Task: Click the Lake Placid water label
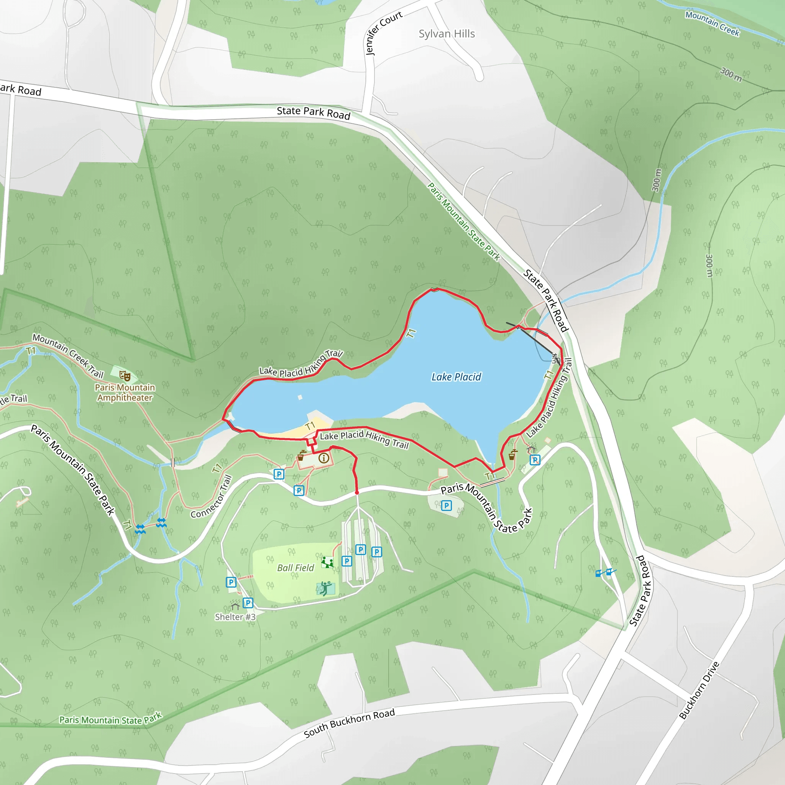click(456, 377)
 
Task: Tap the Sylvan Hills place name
click(447, 34)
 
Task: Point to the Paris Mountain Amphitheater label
click(125, 392)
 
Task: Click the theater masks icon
click(125, 376)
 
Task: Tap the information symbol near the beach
click(324, 458)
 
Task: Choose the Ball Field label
click(296, 568)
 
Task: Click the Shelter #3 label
click(235, 617)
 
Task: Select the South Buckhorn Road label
click(349, 723)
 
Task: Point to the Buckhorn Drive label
click(699, 690)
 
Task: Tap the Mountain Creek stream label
click(712, 23)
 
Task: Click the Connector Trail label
click(211, 497)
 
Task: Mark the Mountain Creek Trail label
click(68, 355)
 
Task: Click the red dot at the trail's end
click(357, 493)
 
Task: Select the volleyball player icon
click(325, 588)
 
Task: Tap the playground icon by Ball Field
click(327, 562)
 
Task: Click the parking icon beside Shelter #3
click(248, 603)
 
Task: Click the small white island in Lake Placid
click(300, 397)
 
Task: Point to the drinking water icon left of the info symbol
click(301, 456)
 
